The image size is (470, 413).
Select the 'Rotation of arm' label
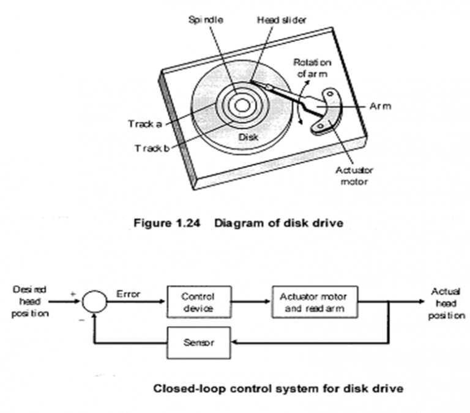tap(311, 67)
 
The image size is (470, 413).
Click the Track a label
tap(144, 124)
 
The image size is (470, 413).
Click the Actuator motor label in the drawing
tap(354, 176)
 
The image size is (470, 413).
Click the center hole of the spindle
tap(242, 105)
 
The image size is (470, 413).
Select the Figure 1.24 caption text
tap(238, 223)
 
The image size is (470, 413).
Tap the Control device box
tap(198, 302)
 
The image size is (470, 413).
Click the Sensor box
tap(198, 343)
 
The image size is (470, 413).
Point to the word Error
tap(128, 294)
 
